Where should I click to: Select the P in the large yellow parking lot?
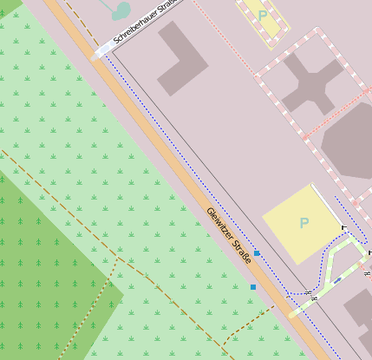pos(303,223)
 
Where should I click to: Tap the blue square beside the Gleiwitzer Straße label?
pos(257,252)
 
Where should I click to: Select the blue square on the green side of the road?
pos(252,286)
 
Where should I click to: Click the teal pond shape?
pos(121,10)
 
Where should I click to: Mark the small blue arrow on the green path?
pos(336,280)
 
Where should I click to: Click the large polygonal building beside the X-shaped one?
pos(351,139)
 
